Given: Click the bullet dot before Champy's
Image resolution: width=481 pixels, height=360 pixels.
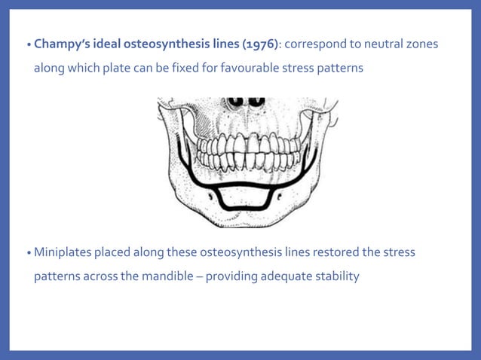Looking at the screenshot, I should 29,46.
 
